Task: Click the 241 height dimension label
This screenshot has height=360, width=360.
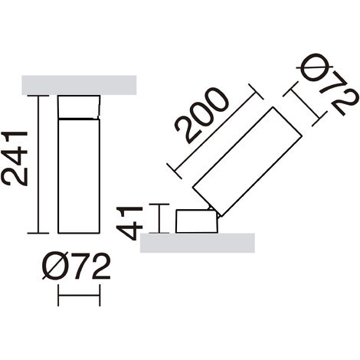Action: pyautogui.click(x=15, y=159)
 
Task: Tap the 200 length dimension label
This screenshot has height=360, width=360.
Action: pyautogui.click(x=201, y=116)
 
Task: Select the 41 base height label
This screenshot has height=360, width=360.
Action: pyautogui.click(x=129, y=223)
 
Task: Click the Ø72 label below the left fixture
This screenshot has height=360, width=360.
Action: pyautogui.click(x=76, y=266)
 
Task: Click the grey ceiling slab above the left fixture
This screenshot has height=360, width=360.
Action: pyautogui.click(x=79, y=85)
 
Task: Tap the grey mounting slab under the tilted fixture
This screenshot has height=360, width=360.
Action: pyautogui.click(x=198, y=243)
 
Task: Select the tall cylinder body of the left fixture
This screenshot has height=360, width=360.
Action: pyautogui.click(x=79, y=176)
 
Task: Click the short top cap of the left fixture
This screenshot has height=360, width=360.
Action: pyautogui.click(x=79, y=107)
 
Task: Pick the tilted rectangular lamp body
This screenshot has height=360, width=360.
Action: pyautogui.click(x=247, y=162)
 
